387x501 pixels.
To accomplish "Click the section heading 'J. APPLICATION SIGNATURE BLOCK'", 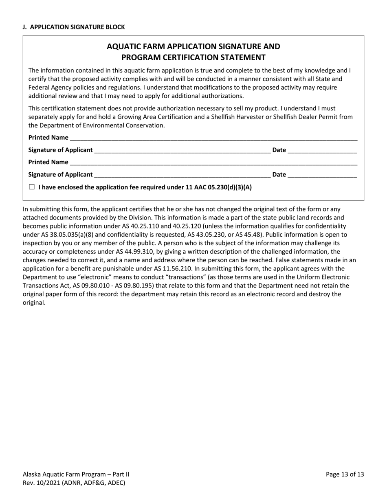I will click(x=74, y=27).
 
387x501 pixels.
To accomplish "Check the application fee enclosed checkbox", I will click(x=32, y=187).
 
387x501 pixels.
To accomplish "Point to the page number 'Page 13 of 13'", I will click(x=345, y=474).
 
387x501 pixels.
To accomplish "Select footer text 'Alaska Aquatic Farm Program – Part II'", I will click(x=76, y=474).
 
